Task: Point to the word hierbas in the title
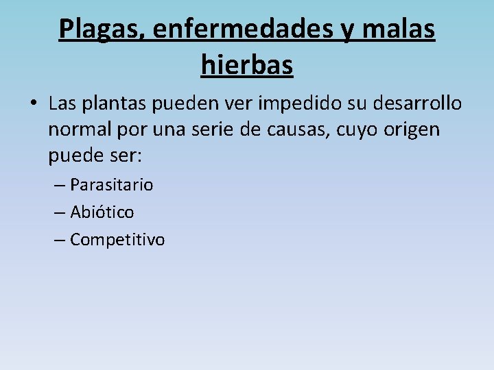[x=247, y=65]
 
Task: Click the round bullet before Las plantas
[x=32, y=104]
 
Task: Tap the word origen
[x=416, y=129]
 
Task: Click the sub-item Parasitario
[x=111, y=185]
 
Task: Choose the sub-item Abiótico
[x=102, y=212]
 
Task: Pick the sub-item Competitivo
[x=117, y=240]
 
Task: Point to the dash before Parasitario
[x=60, y=185]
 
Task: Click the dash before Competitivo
[x=60, y=240]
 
